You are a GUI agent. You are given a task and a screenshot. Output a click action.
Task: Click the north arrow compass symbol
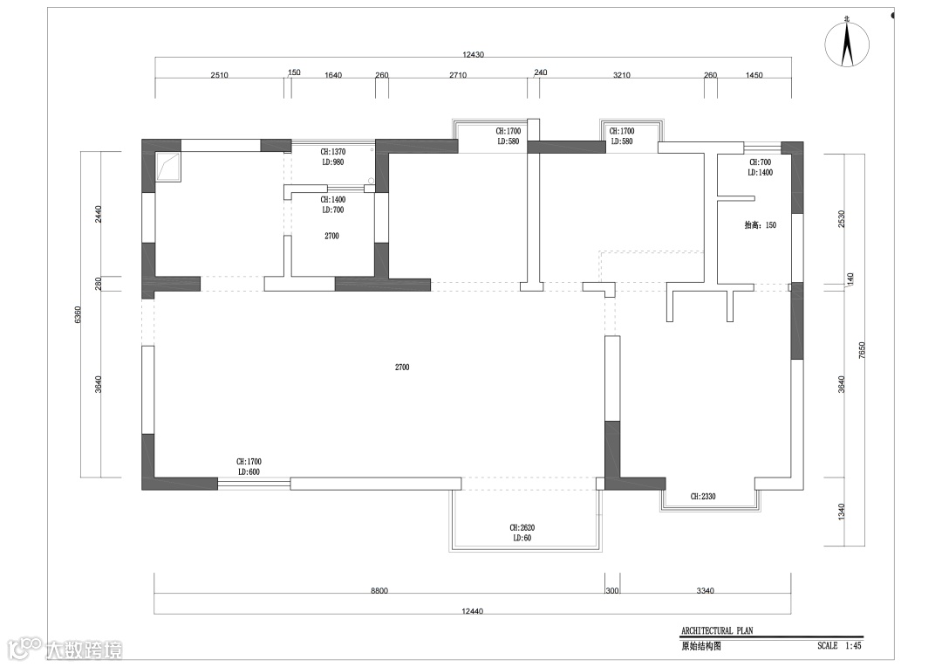847,44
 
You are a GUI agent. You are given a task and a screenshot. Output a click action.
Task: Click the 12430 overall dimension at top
473,55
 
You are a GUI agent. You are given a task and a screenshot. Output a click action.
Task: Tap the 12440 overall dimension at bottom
472,611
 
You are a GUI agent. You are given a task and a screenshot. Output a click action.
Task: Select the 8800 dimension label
379,591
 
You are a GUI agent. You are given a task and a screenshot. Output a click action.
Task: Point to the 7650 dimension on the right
862,350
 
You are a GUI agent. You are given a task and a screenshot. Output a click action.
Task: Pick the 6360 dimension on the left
78,314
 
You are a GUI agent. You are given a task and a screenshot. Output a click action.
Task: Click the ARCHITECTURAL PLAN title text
717,631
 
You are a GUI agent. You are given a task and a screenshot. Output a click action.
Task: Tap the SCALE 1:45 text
839,645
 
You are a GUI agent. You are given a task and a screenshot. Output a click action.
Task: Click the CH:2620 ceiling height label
522,527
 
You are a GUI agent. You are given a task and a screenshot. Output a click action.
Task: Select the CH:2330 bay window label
703,497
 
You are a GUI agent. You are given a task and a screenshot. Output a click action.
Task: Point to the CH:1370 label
333,152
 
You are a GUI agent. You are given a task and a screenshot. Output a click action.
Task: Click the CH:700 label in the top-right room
760,162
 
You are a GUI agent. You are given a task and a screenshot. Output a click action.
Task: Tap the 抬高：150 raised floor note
760,225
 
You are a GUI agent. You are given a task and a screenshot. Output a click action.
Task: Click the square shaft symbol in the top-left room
168,167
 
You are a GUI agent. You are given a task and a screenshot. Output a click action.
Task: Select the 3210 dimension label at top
622,75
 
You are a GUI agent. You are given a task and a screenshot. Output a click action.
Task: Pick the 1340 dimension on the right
841,512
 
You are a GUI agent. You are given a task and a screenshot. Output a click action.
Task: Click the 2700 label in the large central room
402,367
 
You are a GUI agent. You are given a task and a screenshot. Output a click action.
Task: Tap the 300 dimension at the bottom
612,591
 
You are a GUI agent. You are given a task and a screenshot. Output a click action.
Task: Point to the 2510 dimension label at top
219,75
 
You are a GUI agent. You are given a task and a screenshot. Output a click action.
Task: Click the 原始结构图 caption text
700,647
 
